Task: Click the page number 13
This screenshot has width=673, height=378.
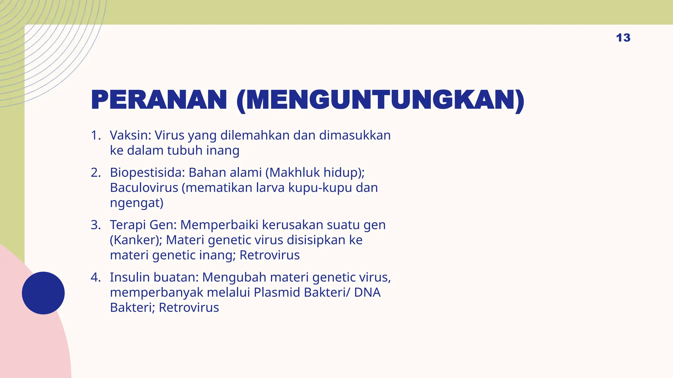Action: (x=623, y=38)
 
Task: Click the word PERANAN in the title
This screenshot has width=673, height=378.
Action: (x=159, y=100)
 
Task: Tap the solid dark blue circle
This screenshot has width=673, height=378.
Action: (x=43, y=293)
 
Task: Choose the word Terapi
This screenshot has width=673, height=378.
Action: (x=128, y=225)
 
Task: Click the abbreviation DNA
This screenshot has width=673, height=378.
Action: (x=367, y=292)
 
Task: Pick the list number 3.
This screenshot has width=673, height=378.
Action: (x=96, y=225)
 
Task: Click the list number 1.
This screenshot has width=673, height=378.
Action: (x=96, y=135)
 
